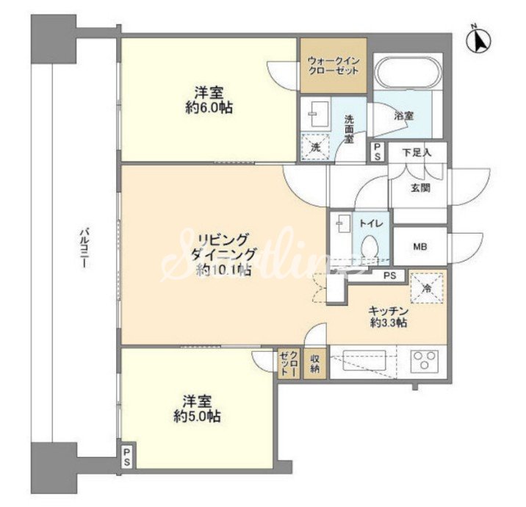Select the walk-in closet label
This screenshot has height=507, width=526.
click(334, 66)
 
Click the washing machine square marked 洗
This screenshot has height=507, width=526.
click(315, 147)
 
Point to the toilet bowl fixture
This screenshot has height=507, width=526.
click(370, 248)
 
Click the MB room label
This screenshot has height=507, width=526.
click(419, 247)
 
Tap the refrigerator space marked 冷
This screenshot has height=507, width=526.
click(427, 288)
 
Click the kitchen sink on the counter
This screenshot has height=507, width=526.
click(364, 360)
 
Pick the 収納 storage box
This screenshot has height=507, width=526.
click(314, 364)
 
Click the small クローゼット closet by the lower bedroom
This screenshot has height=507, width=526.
click(289, 364)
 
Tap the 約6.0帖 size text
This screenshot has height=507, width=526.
click(209, 108)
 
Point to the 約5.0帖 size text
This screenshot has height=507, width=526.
click(197, 417)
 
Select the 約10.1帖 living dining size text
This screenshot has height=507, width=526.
click(224, 270)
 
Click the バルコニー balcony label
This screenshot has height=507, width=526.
click(84, 248)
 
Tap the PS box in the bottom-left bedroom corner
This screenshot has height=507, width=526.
click(127, 456)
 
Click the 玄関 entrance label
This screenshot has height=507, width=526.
click(420, 187)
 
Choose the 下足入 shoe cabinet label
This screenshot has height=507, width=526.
click(417, 153)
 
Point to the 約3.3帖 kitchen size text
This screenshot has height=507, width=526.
click(389, 323)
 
